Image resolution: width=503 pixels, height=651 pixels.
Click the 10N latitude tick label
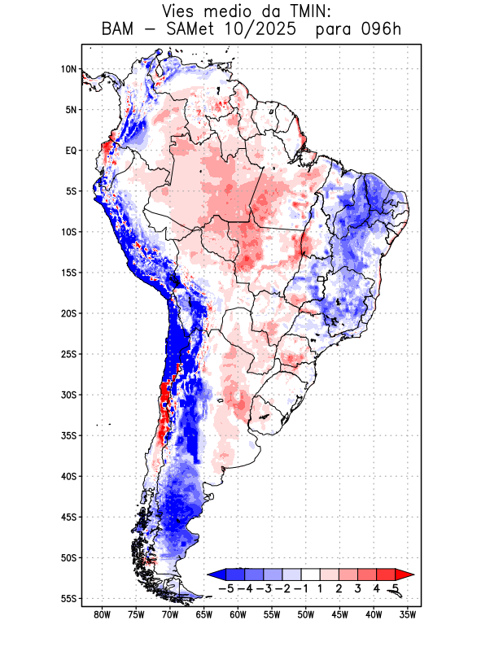(69, 69)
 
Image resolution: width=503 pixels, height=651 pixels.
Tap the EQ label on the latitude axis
(71, 151)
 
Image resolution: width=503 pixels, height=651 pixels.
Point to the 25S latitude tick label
(68, 354)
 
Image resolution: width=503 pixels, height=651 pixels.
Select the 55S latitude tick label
(68, 598)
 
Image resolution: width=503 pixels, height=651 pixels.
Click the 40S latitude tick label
(68, 476)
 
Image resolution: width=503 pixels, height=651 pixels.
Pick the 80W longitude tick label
(103, 614)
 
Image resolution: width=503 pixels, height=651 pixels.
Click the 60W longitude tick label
(238, 614)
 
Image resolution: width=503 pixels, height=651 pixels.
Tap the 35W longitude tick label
(408, 614)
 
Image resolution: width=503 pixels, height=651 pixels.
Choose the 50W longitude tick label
(306, 614)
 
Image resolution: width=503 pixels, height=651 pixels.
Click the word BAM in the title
(119, 30)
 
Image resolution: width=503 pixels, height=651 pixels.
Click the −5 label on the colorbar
(226, 588)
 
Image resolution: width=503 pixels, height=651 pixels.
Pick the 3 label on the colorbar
(358, 588)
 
